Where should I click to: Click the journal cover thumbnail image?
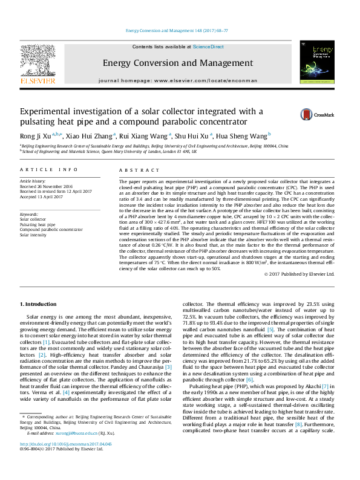click(317, 62)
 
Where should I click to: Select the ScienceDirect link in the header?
click(208, 47)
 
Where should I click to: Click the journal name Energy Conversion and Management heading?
click(178, 63)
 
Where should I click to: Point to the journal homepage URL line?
click(178, 80)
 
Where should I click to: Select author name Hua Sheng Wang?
click(247, 135)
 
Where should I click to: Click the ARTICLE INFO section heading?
click(49, 170)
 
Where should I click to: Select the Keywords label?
click(30, 214)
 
